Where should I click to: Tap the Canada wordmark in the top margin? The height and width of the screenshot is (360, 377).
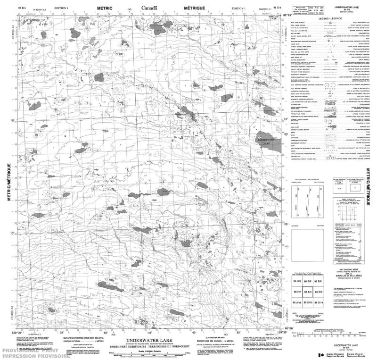pos(149,8)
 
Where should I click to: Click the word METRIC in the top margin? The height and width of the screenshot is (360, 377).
pos(105,8)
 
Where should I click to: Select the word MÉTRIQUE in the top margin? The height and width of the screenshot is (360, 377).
pos(194,8)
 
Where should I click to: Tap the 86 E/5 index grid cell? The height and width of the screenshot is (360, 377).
pos(308,282)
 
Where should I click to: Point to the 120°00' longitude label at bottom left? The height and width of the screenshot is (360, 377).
pos(16,333)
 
